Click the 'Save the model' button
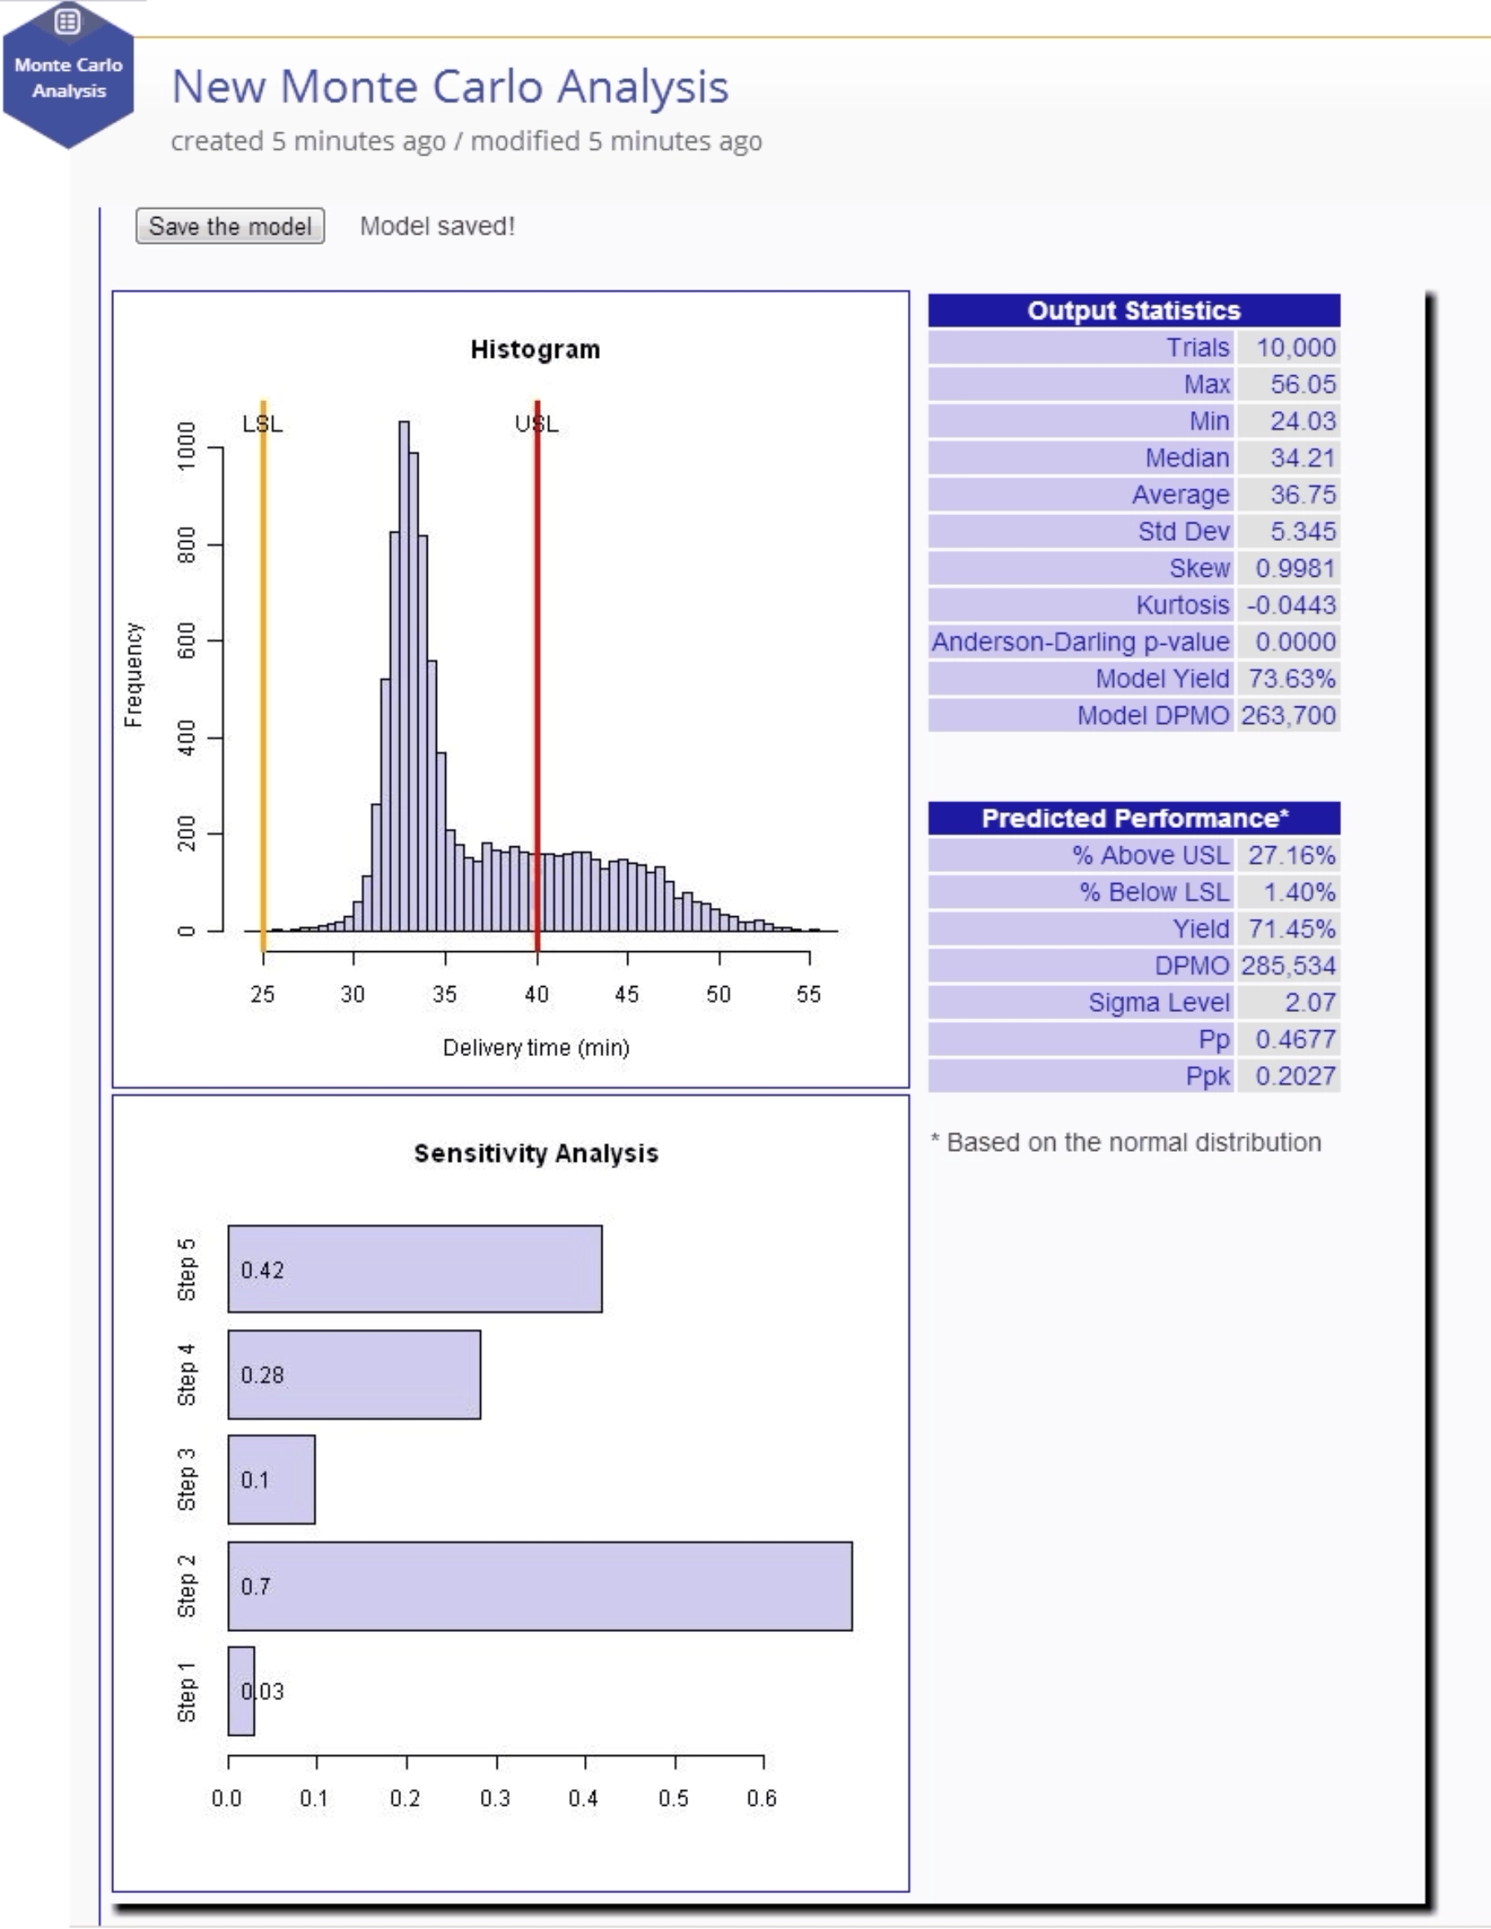pos(230,226)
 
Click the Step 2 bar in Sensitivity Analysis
pos(540,1585)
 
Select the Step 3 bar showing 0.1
pos(271,1480)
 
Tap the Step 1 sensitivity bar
pos(241,1690)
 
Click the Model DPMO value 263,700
pos(1288,715)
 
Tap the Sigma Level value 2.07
pos(1301,1003)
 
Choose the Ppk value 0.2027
pos(1295,1076)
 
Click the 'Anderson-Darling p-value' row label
pos(1080,642)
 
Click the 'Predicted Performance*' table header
pos(1134,818)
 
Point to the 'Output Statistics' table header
pos(1134,310)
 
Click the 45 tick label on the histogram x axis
pos(627,994)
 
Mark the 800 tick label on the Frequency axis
pos(186,545)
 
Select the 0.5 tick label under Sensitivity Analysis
pos(674,1798)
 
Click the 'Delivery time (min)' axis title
pos(536,1048)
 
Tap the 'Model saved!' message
pos(437,226)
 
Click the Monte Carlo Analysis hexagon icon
pos(68,74)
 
